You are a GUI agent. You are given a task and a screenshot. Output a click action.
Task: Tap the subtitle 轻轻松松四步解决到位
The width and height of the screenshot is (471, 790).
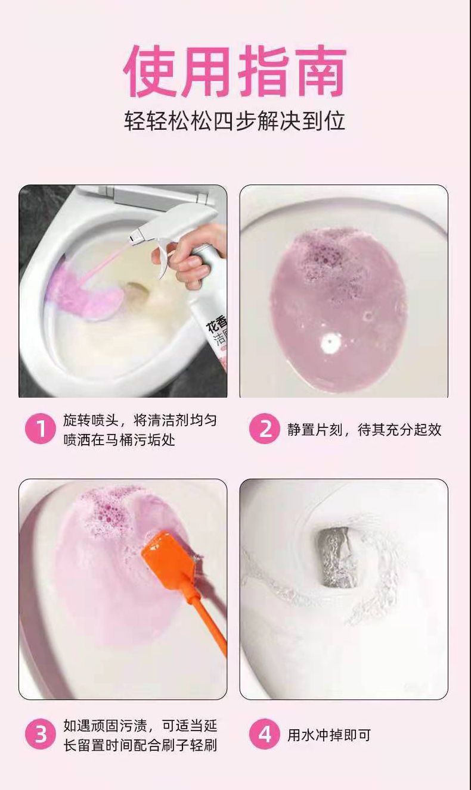(x=235, y=121)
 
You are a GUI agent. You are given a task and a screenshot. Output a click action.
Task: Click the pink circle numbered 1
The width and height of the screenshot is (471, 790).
(x=41, y=429)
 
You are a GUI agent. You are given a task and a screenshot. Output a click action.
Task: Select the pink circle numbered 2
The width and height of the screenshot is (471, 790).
(x=265, y=429)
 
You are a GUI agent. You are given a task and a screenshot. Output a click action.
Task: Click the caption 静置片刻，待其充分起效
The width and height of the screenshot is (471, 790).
(x=364, y=430)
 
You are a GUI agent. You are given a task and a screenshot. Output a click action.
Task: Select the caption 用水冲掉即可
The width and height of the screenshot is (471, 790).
(x=329, y=735)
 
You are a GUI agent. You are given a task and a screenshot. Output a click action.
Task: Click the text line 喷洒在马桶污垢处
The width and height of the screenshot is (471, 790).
(x=119, y=440)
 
